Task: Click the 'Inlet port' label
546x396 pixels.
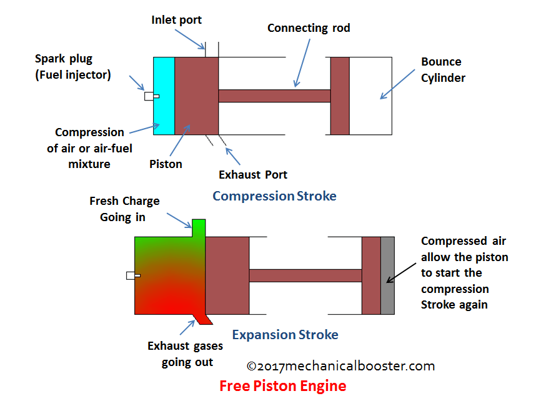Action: coord(177,20)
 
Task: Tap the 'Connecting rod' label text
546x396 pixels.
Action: coord(309,28)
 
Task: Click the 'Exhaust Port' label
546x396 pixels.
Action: coord(253,174)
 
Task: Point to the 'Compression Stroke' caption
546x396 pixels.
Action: coord(274,196)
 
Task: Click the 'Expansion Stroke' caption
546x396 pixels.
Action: coord(285,335)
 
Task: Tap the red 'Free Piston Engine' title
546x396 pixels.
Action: coord(282,385)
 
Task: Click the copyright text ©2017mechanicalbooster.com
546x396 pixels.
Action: coord(340,366)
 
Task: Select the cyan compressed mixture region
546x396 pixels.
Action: coord(164,96)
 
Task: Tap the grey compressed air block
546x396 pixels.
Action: coord(387,275)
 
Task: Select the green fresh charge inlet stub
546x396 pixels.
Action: coord(199,227)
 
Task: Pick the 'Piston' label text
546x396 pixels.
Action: coord(166,164)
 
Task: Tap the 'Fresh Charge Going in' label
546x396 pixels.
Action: coord(124,209)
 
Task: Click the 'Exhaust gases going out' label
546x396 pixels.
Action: coord(187,354)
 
